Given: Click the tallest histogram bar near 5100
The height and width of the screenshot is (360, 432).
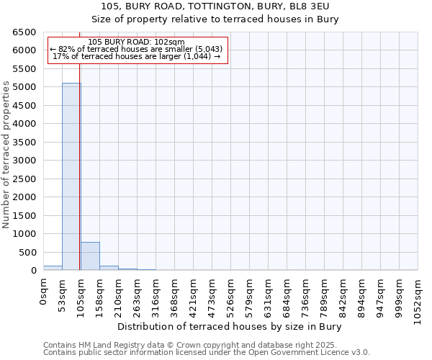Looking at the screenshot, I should pyautogui.click(x=71, y=176).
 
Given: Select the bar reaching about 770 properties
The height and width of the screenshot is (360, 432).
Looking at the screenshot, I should pyautogui.click(x=90, y=256).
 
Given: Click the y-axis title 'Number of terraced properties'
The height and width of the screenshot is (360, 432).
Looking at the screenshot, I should pyautogui.click(x=7, y=155).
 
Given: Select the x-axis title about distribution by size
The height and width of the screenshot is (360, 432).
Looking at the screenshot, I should pyautogui.click(x=228, y=327).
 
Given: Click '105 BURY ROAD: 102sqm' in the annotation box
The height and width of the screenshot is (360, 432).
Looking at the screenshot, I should pyautogui.click(x=137, y=42).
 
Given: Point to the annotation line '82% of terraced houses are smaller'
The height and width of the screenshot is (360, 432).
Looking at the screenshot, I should pyautogui.click(x=137, y=49).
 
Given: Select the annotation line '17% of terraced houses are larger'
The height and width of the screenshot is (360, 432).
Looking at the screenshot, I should pyautogui.click(x=137, y=56).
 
